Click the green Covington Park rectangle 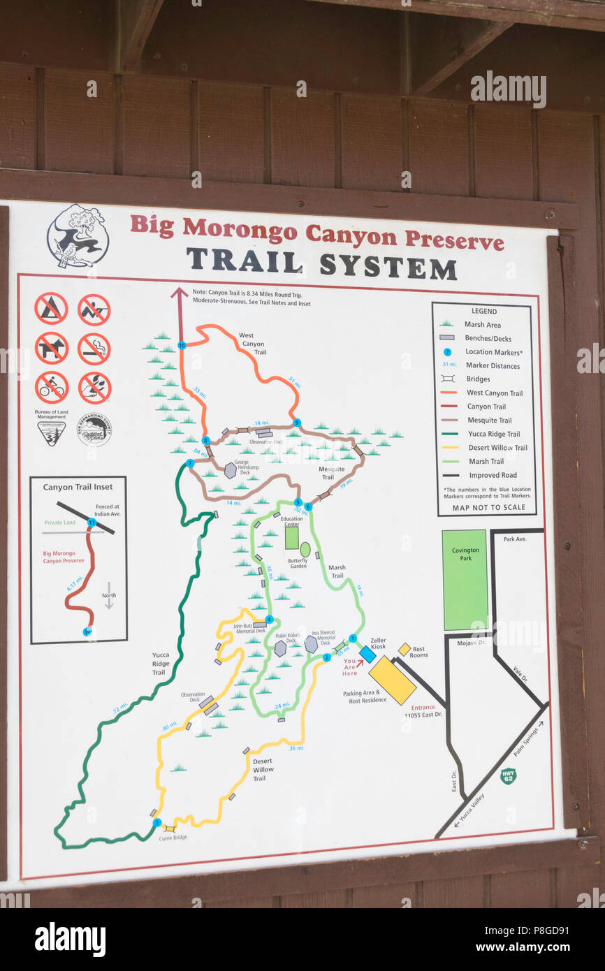click(464, 580)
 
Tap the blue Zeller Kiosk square click(367, 655)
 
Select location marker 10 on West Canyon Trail click(182, 345)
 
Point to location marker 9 click(297, 423)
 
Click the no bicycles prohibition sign click(52, 388)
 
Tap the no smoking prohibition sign click(94, 349)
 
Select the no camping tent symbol click(52, 309)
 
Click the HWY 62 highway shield click(508, 776)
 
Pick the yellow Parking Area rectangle click(392, 680)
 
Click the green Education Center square click(291, 537)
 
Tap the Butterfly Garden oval click(305, 549)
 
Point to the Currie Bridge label click(173, 838)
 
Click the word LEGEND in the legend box click(483, 311)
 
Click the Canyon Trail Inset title click(78, 487)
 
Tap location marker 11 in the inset click(92, 522)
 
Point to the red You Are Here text click(351, 667)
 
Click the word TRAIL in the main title click(245, 261)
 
